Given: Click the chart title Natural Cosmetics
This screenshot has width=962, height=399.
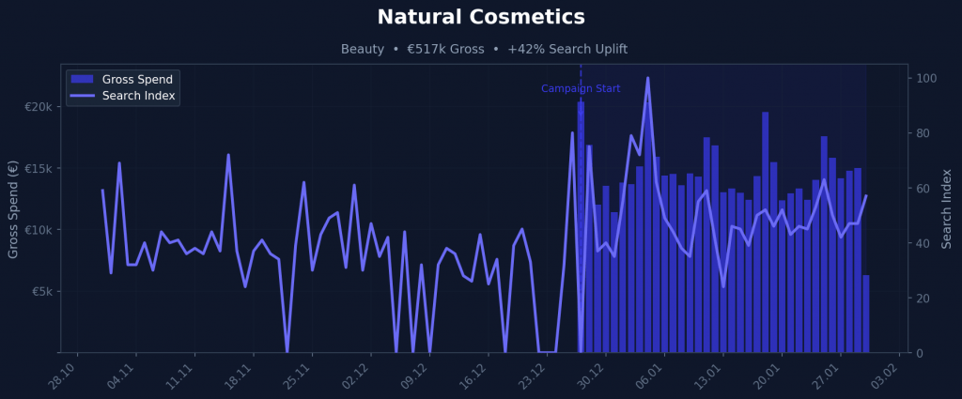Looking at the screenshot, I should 480,17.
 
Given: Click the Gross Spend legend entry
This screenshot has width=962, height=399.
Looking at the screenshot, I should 136,79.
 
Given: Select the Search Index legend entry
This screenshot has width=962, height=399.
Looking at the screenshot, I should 138,96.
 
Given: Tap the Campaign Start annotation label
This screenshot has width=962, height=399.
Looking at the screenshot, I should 581,88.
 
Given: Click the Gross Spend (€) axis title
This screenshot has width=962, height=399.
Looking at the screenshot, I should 13,208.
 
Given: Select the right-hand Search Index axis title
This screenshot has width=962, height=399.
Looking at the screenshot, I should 947,208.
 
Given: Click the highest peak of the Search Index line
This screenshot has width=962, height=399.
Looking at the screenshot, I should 647,78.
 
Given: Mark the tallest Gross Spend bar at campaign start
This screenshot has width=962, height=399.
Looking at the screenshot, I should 581,225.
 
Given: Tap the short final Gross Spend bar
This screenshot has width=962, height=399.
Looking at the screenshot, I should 865,315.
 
